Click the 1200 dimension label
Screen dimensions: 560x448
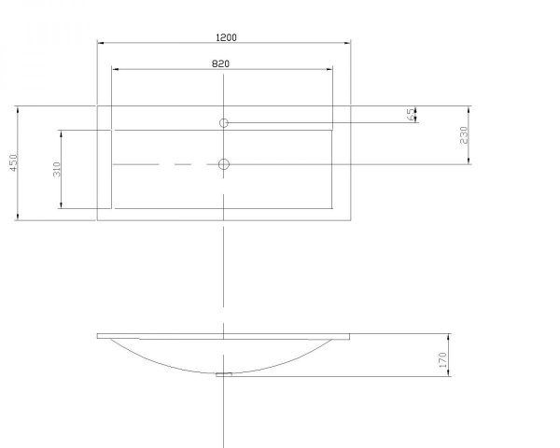(x=227, y=37)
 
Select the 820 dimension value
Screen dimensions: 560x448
(x=220, y=63)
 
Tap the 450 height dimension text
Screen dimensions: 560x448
(x=13, y=163)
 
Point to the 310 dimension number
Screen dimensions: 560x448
(x=57, y=169)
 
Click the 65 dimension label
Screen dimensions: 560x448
(x=411, y=114)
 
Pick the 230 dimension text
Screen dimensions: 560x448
(x=464, y=135)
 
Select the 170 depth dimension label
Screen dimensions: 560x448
(x=442, y=360)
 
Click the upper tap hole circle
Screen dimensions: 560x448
(x=224, y=123)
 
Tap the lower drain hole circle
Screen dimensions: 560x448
(x=224, y=164)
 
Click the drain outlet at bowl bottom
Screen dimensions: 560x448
(x=224, y=374)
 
